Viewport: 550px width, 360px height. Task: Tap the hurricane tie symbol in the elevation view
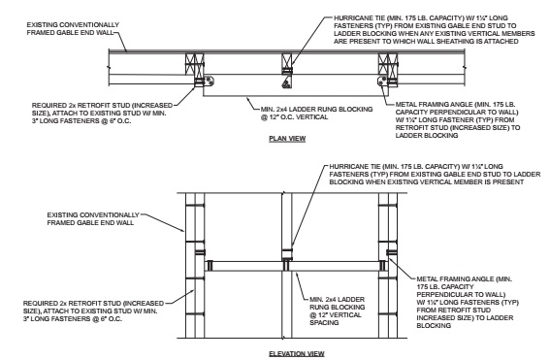[286, 258]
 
